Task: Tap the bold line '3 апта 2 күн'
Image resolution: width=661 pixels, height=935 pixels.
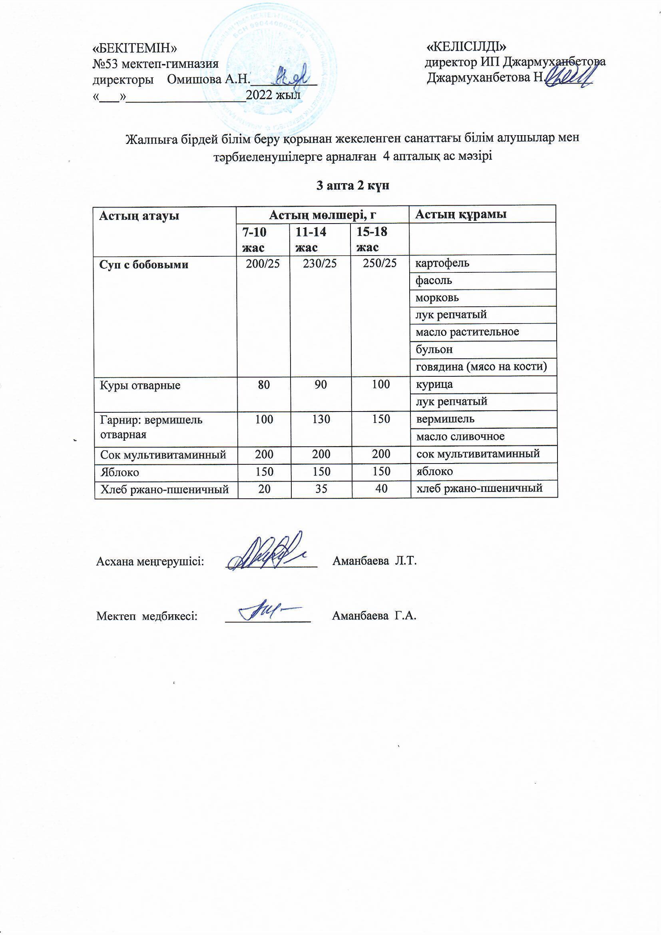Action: pos(353,186)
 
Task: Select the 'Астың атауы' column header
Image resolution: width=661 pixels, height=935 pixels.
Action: pos(139,216)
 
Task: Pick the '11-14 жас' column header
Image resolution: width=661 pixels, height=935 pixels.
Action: pos(311,240)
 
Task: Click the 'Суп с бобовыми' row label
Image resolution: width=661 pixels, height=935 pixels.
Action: pos(144,265)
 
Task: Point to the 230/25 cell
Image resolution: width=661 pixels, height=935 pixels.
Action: pos(320,263)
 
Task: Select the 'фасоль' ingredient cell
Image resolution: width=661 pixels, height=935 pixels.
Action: pos(434,280)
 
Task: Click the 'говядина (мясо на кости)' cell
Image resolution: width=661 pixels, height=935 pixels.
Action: pos(481,366)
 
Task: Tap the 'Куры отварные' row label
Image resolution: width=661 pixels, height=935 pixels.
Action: pos(140,385)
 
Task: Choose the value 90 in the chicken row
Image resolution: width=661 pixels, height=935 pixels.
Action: pos(321,384)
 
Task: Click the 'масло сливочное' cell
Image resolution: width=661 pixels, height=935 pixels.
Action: pos(460,437)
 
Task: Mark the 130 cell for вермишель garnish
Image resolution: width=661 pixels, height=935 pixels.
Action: pos(321,419)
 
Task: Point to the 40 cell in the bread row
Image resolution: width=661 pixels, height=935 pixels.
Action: pos(381,488)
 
